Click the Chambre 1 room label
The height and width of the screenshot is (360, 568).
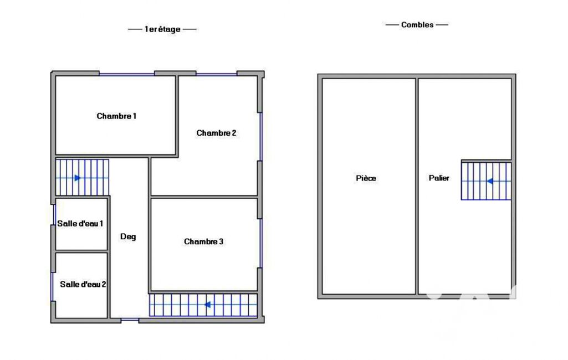point(116,116)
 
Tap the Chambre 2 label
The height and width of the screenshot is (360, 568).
point(216,133)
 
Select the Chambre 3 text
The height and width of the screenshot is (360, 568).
point(203,241)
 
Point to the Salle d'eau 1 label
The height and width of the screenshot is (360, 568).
point(80,223)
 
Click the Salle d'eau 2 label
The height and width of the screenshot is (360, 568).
point(83,284)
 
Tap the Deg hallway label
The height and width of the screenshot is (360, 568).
point(128,237)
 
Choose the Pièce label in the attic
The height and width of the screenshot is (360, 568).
point(366,178)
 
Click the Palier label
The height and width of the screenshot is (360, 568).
point(439,178)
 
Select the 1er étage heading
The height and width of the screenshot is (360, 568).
point(162,29)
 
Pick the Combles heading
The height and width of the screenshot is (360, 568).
point(417,24)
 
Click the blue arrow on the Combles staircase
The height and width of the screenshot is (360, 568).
point(489,181)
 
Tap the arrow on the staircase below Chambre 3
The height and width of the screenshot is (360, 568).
point(208,305)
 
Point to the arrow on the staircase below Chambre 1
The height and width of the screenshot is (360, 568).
point(78,178)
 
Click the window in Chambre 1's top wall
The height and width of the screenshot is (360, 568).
point(127,74)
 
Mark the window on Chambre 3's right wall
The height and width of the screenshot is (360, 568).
point(260,243)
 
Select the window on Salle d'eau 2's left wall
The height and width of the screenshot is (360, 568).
point(53,286)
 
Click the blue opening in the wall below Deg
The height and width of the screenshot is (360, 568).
point(130,320)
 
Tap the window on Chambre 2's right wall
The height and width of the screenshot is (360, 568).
point(260,137)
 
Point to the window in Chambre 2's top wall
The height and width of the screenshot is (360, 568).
point(216,74)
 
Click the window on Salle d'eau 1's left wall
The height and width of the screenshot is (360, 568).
point(54,215)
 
